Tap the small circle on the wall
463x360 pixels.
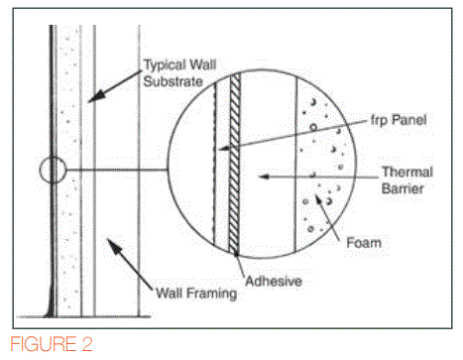[x=53, y=172]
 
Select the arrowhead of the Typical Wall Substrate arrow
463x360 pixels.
[x=88, y=100]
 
